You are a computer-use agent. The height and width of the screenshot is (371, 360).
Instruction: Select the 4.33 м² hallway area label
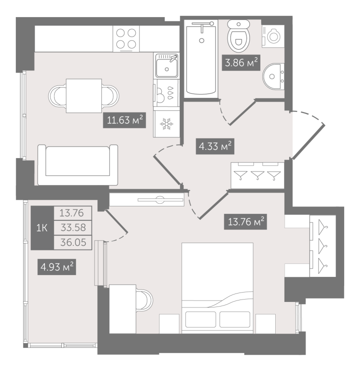(214, 147)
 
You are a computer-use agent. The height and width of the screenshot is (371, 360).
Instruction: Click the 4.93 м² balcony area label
(57, 268)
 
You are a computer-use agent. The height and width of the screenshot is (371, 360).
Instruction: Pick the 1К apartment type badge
(42, 228)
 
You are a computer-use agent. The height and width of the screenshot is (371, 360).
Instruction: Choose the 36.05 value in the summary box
(73, 242)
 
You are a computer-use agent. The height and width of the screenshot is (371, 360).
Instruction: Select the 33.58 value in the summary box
(73, 228)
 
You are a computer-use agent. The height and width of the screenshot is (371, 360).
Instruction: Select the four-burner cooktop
(126, 38)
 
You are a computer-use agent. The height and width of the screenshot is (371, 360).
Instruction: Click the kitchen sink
(166, 66)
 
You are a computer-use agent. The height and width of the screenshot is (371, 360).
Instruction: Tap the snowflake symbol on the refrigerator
(166, 124)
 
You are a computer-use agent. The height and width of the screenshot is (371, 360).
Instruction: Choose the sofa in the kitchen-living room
(77, 164)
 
